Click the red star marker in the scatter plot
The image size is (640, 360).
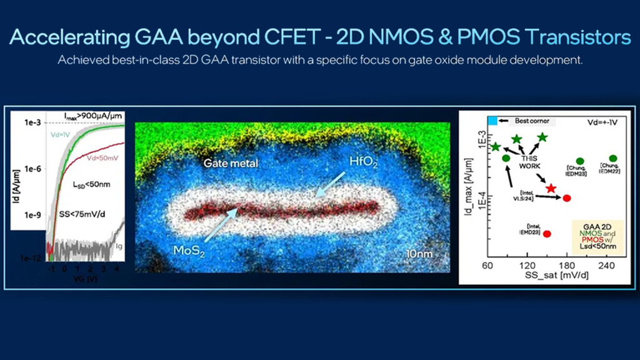click(551, 188)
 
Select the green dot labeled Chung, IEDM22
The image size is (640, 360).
click(613, 159)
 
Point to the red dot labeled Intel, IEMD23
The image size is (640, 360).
click(547, 233)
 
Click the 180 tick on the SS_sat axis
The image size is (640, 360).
click(566, 266)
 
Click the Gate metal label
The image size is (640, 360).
click(231, 164)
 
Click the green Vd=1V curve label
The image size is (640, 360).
click(61, 134)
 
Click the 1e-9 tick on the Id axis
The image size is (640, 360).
click(31, 214)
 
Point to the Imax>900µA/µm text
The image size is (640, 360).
click(93, 116)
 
